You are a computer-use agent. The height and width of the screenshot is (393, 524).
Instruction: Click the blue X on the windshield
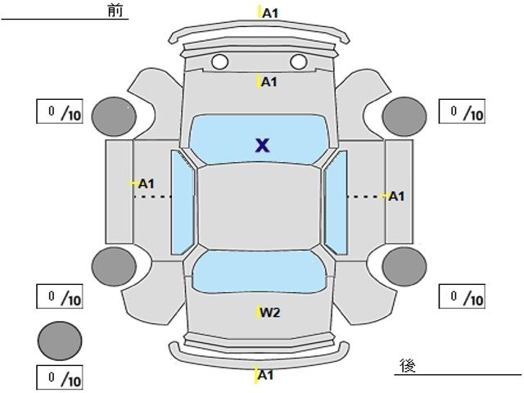pyautogui.click(x=262, y=146)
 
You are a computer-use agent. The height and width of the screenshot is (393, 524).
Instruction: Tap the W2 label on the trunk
pyautogui.click(x=270, y=313)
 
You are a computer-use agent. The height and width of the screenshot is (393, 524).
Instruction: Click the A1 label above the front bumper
pyautogui.click(x=270, y=13)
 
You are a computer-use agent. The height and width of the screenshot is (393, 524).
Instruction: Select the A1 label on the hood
pyautogui.click(x=269, y=82)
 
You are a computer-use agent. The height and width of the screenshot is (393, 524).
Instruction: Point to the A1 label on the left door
pyautogui.click(x=147, y=183)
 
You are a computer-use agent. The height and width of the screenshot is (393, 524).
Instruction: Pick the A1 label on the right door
pyautogui.click(x=396, y=196)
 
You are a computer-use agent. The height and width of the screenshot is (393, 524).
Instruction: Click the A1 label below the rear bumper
pyautogui.click(x=266, y=375)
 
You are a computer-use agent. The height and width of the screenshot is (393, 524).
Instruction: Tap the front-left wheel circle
pyautogui.click(x=115, y=117)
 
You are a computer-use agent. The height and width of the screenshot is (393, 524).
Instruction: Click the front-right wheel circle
pyautogui.click(x=404, y=116)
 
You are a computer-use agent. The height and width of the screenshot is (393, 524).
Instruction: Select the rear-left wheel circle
pyautogui.click(x=114, y=267)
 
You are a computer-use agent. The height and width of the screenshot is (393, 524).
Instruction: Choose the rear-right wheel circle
pyautogui.click(x=404, y=267)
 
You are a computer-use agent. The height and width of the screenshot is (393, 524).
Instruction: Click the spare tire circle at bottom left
pyautogui.click(x=60, y=341)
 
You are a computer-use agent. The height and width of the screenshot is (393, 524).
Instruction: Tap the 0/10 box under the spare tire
pyautogui.click(x=60, y=378)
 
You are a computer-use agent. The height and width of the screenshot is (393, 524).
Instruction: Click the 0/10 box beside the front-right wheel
pyautogui.click(x=462, y=111)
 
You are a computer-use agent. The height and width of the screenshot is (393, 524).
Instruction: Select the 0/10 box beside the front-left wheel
pyautogui.click(x=60, y=111)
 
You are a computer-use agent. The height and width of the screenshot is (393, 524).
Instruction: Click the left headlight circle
pyautogui.click(x=220, y=62)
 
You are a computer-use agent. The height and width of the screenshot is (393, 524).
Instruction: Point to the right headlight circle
pyautogui.click(x=299, y=62)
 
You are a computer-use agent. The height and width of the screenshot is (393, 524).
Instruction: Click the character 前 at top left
pyautogui.click(x=115, y=11)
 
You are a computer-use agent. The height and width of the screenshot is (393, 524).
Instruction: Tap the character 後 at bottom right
pyautogui.click(x=408, y=365)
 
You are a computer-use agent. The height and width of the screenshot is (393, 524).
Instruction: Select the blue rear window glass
pyautogui.click(x=259, y=272)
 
